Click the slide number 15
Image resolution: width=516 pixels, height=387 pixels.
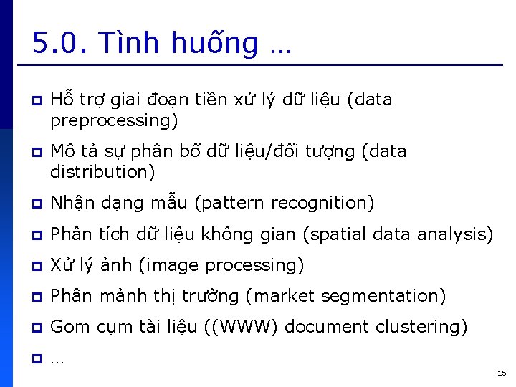pos(501,373)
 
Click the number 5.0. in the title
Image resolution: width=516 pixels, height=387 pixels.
pos(59,44)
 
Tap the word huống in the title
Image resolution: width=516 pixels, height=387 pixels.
pos(215,44)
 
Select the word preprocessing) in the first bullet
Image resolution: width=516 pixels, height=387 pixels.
pos(114,120)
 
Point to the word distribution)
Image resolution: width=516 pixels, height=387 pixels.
pos(102,172)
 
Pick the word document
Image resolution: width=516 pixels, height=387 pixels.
pos(331,327)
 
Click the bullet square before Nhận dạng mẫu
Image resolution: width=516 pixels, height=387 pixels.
pos(36,204)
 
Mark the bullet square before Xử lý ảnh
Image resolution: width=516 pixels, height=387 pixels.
pos(36,266)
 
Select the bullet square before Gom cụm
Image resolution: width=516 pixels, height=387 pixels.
pos(36,328)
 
